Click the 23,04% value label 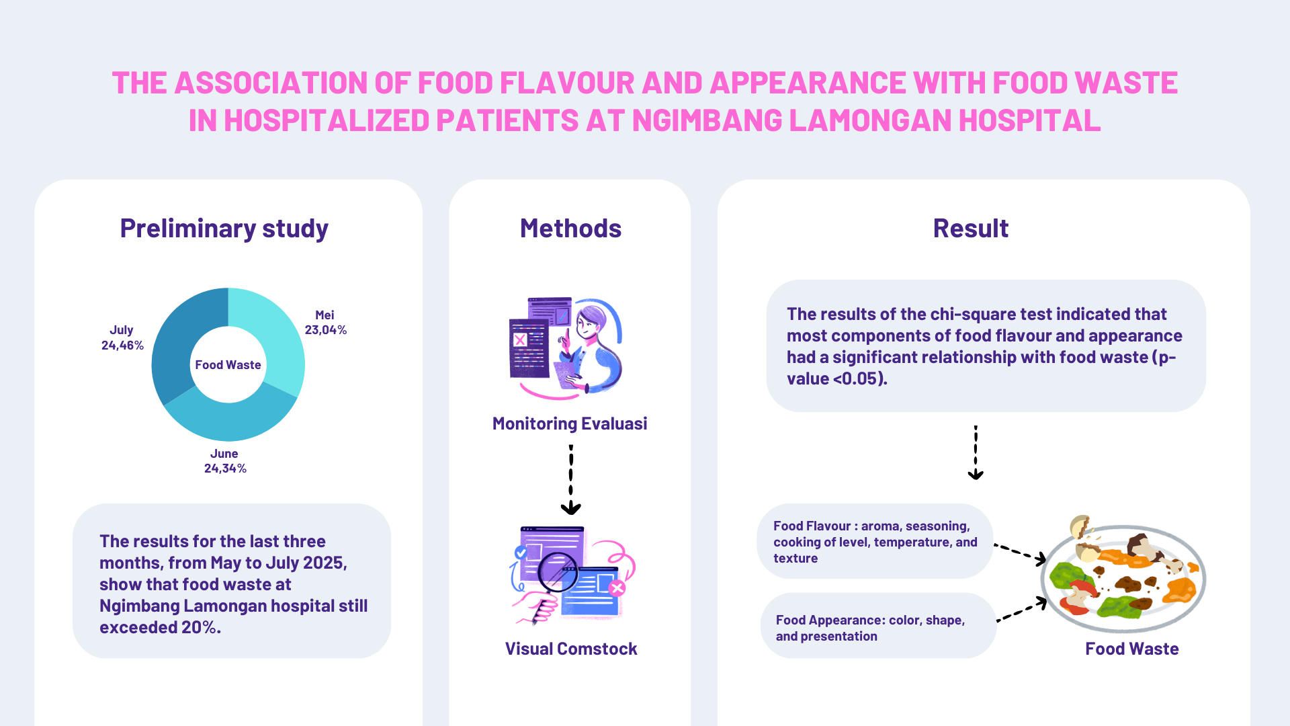coord(326,330)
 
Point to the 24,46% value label coord(122,346)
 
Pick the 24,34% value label coord(225,469)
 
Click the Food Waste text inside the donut coord(228,365)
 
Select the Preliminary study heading coord(224,229)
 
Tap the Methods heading coord(570,229)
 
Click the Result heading coord(970,229)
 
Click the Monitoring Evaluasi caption coord(570,424)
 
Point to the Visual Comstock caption coord(571,649)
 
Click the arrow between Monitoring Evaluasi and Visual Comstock coord(571,479)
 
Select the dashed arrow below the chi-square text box coord(976,452)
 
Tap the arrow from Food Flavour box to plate coord(1020,553)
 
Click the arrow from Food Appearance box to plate coord(1021,610)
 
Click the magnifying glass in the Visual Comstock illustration coord(557,571)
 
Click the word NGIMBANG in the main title coord(707,121)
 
